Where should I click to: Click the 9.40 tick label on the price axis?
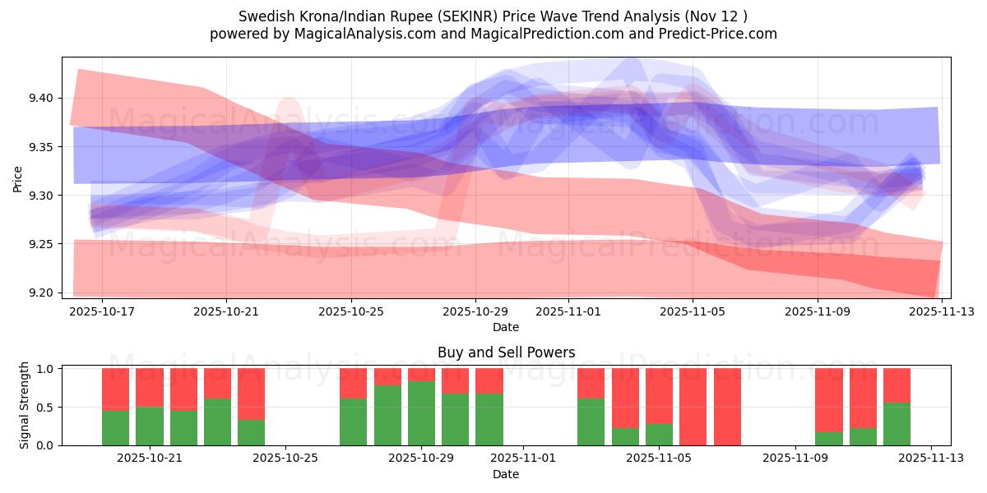coord(40,98)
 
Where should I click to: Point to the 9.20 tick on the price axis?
coord(40,293)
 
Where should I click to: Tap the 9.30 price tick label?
coord(40,196)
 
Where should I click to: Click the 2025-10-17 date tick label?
coord(102,312)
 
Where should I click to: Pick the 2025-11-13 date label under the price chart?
coord(942,312)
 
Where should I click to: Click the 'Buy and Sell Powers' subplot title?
coord(506,352)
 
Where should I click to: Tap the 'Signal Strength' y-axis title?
coord(25,405)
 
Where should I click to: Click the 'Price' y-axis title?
coord(18,178)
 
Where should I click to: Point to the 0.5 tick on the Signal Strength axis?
coord(46,407)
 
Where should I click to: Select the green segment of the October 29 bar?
coord(421,413)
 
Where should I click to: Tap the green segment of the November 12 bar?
coord(897,424)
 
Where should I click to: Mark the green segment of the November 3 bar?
coord(591,422)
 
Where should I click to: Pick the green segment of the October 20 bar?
coord(115,428)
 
